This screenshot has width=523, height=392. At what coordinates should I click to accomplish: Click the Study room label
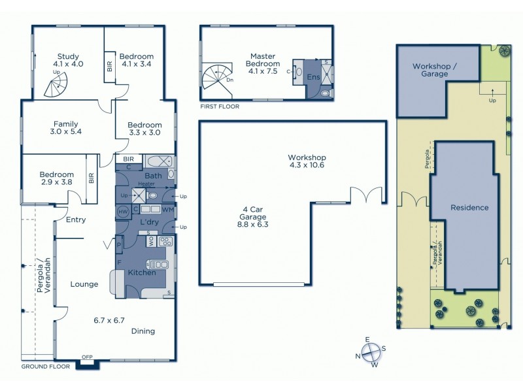click(67, 60)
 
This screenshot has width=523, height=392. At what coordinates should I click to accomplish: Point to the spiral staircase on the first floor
click(216, 78)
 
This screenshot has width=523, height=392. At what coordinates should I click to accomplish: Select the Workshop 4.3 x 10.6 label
click(307, 161)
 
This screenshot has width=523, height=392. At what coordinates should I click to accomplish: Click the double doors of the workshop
click(363, 195)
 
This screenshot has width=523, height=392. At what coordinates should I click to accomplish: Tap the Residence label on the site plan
click(469, 208)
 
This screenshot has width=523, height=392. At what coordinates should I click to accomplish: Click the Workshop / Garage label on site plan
click(430, 70)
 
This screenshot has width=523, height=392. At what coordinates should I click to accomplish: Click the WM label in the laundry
click(167, 210)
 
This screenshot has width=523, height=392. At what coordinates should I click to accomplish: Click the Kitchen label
click(141, 272)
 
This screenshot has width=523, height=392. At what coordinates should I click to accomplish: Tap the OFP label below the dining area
click(87, 357)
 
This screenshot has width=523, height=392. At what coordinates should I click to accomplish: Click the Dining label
click(143, 331)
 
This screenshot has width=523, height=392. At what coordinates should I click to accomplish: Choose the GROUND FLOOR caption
click(45, 367)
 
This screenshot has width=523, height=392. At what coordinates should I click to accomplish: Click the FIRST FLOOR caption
click(221, 106)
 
